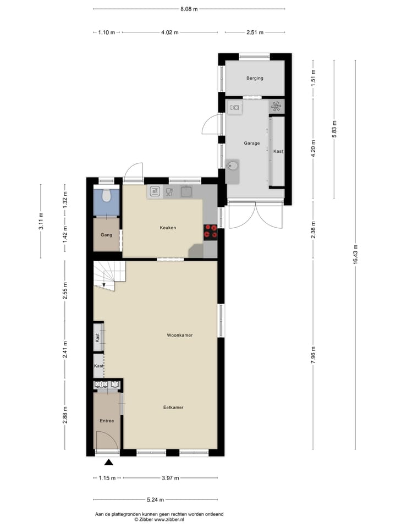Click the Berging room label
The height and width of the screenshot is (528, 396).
(255, 78)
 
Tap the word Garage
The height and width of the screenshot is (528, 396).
(252, 143)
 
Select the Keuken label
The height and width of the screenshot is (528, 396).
(168, 227)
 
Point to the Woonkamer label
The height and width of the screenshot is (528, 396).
(180, 335)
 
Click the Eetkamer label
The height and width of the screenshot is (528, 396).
(173, 408)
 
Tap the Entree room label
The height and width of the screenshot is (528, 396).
(107, 421)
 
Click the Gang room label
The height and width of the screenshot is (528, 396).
(106, 235)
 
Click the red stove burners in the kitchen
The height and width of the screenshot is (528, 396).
(211, 232)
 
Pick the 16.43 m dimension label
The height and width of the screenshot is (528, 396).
(355, 254)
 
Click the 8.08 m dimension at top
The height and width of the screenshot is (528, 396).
(189, 9)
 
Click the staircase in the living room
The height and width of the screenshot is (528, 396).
(109, 274)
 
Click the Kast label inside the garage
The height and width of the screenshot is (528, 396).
(278, 151)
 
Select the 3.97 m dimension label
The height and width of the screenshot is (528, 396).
(169, 478)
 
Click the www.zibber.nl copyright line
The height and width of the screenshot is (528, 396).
(159, 519)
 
